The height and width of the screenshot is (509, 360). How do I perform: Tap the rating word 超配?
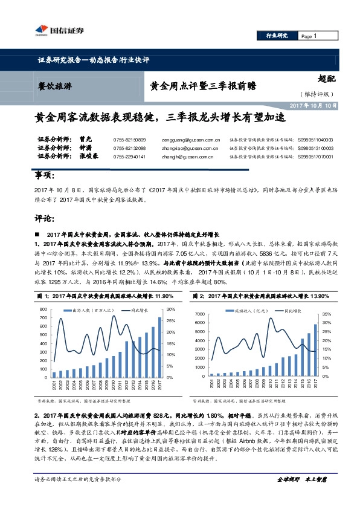pyautogui.click(x=327, y=79)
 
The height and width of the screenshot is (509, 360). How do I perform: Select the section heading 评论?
pyautogui.click(x=43, y=216)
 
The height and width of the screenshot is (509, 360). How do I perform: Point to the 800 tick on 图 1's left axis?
pyautogui.click(x=43, y=309)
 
